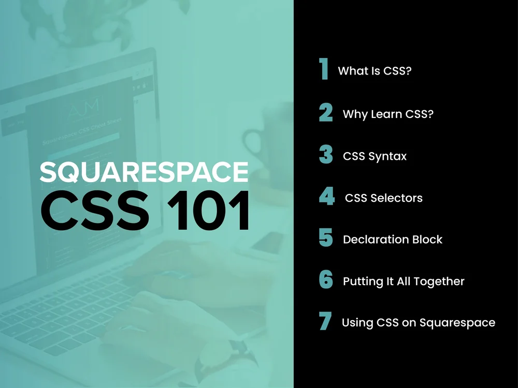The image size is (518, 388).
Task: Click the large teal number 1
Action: tap(324, 69)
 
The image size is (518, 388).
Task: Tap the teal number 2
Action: tap(326, 113)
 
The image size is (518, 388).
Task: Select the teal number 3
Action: tap(326, 155)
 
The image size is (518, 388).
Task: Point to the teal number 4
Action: tap(326, 197)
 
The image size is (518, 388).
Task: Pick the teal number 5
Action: tap(326, 238)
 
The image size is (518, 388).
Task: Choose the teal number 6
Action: tap(326, 280)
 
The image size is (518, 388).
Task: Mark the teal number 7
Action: tap(325, 322)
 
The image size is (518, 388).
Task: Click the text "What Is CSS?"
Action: tap(375, 71)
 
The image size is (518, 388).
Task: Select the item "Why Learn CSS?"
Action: tap(388, 114)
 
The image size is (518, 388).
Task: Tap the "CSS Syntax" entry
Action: tap(375, 156)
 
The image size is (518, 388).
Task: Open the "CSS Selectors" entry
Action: tap(383, 198)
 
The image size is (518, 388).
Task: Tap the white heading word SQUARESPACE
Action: tap(144, 172)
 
